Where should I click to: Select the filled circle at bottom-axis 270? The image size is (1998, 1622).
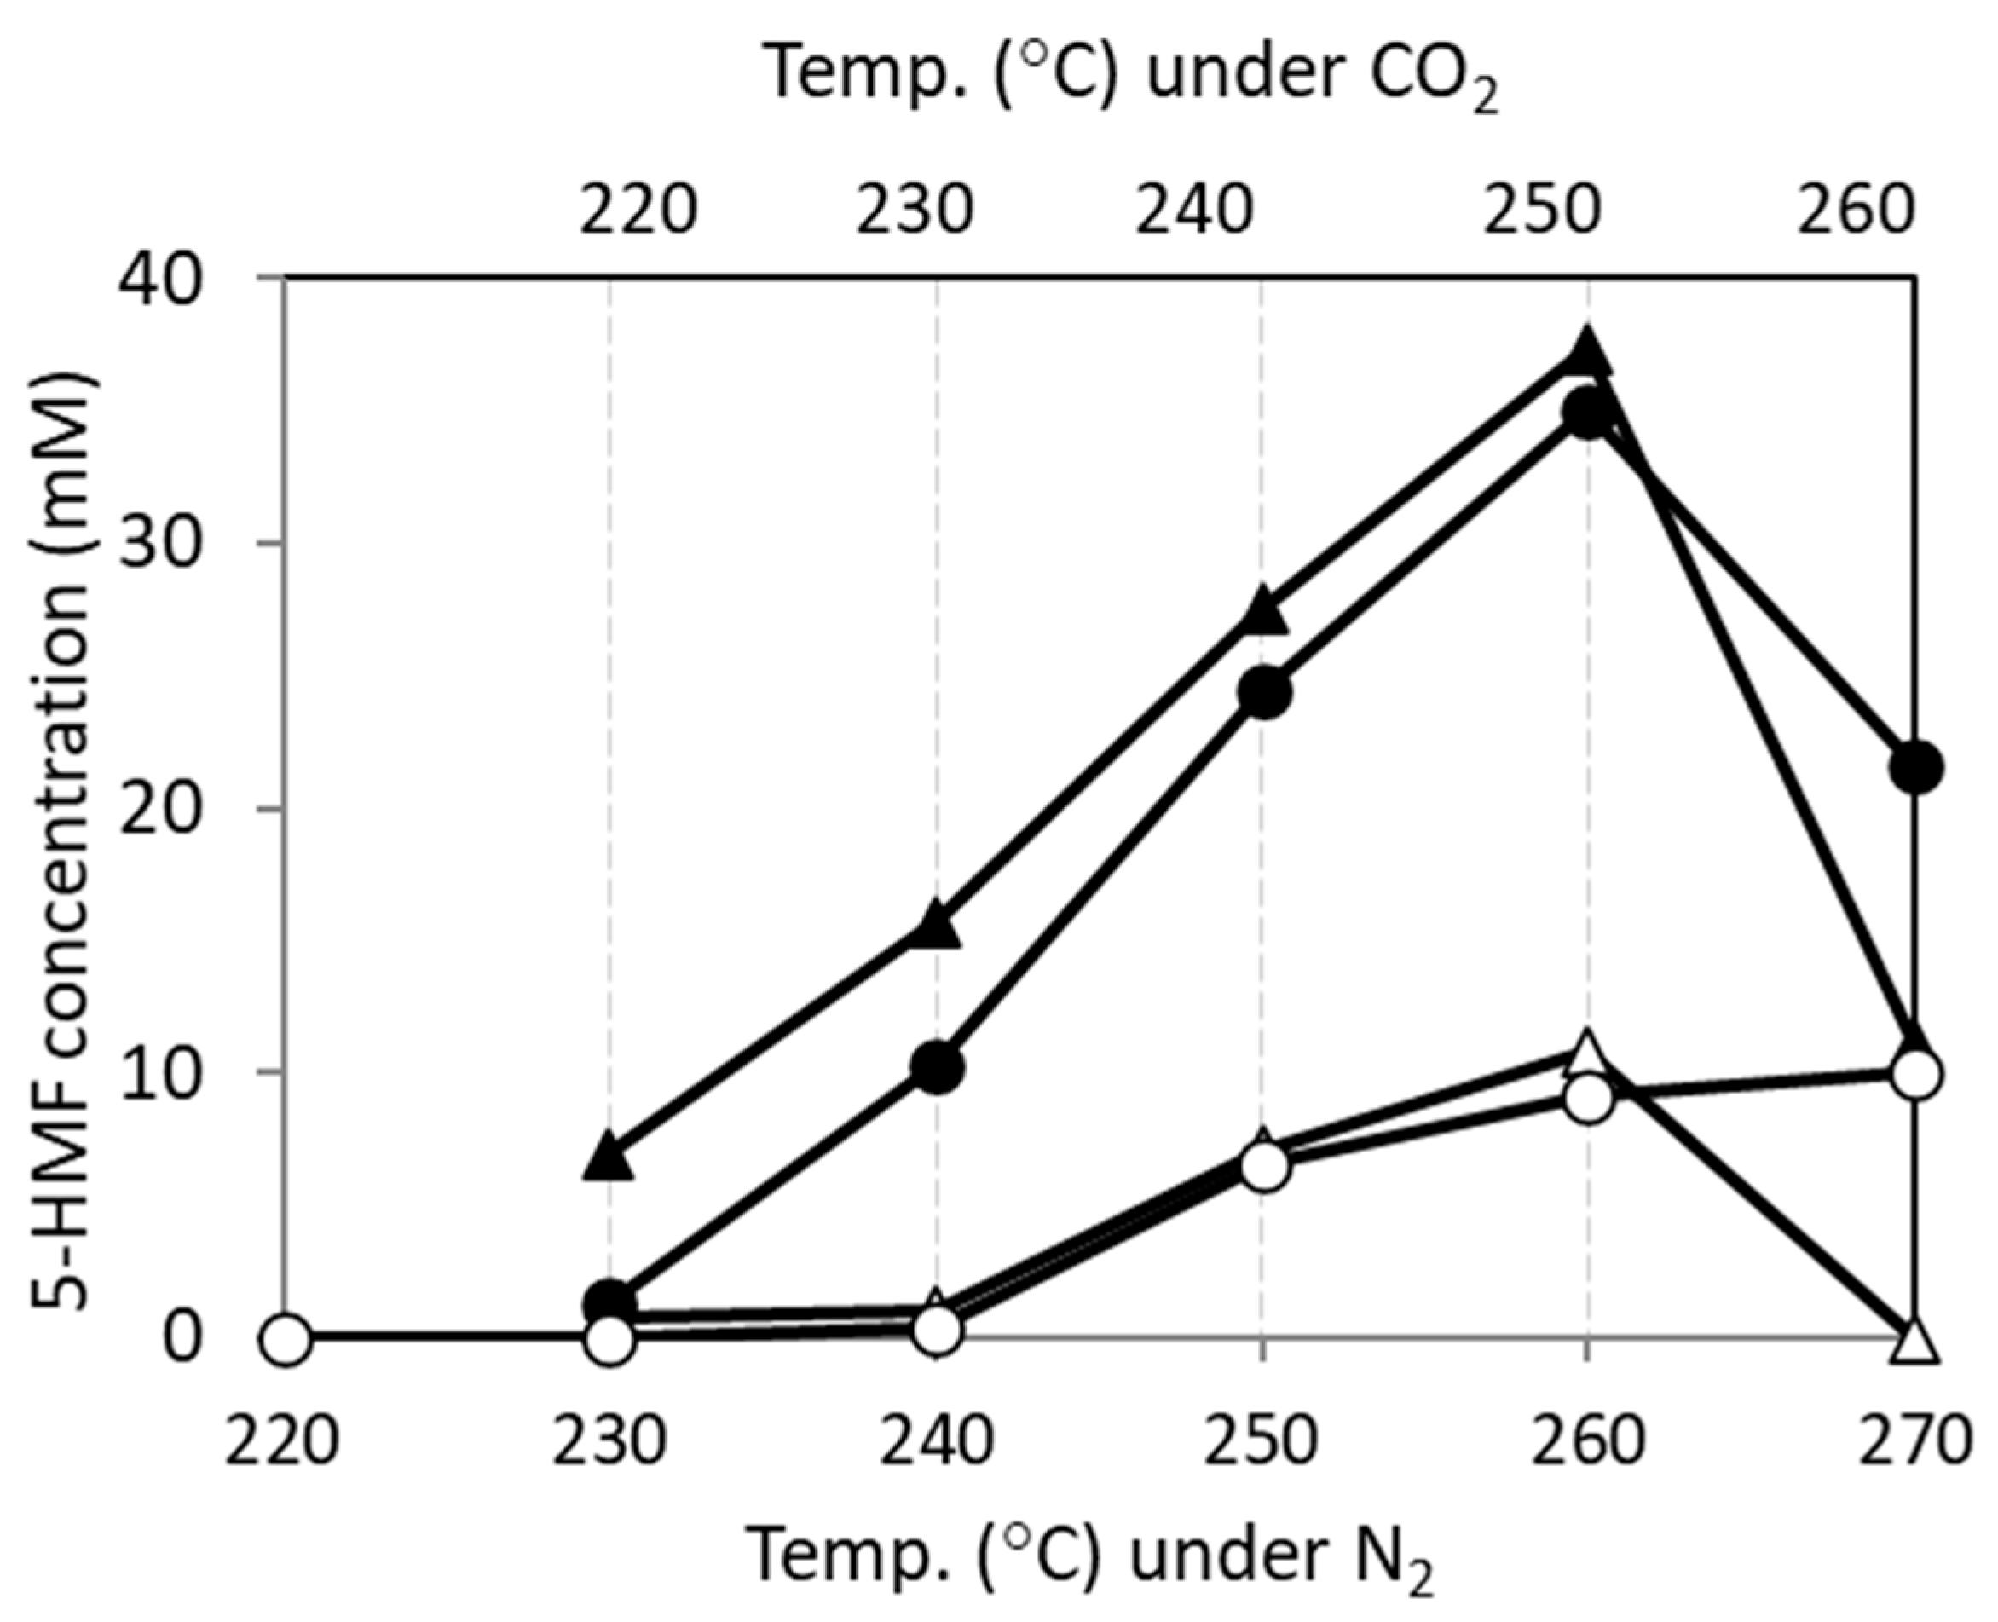coord(1914,767)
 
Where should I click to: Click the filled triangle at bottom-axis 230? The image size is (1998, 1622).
coord(609,1158)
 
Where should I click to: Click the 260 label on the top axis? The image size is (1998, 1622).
coord(1856,211)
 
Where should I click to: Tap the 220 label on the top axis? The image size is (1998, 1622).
coord(638,211)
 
